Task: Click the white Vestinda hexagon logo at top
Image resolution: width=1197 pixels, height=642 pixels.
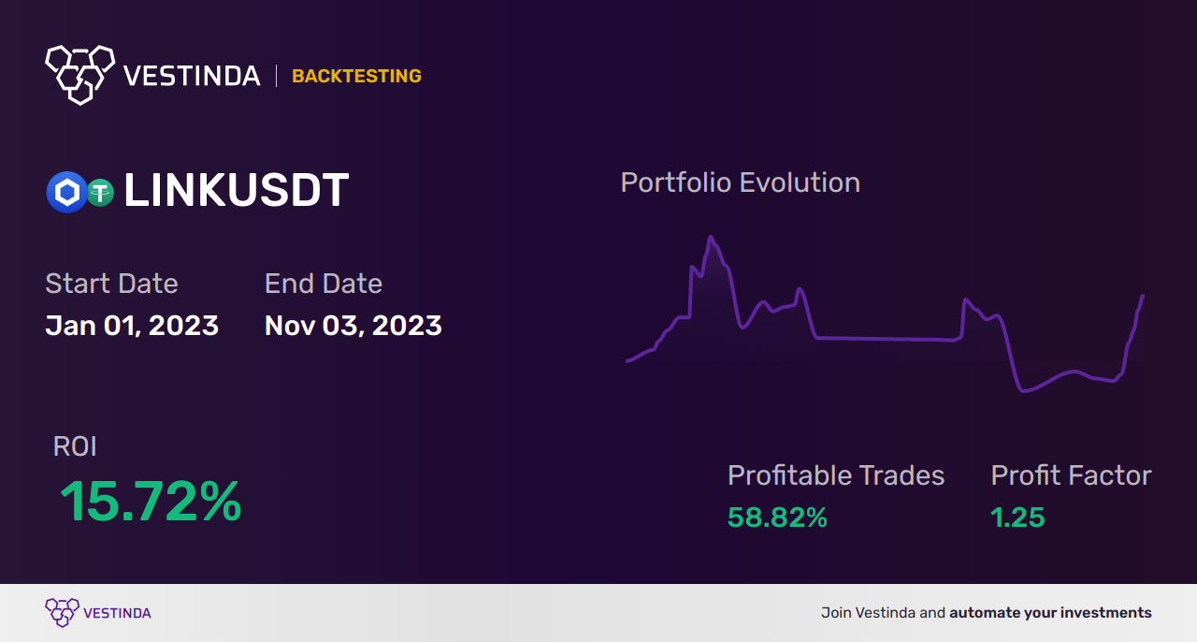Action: (79, 73)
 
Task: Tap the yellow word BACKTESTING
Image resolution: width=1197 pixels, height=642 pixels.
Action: (356, 77)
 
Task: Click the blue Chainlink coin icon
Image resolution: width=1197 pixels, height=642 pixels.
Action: (66, 193)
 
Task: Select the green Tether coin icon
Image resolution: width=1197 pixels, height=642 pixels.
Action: (99, 193)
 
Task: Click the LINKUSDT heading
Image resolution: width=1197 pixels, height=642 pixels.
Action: (236, 191)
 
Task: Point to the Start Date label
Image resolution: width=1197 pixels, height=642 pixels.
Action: (111, 284)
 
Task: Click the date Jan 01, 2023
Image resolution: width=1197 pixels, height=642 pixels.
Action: (132, 326)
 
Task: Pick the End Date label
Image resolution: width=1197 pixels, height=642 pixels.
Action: (323, 284)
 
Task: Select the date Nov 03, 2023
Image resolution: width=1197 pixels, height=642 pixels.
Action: (353, 326)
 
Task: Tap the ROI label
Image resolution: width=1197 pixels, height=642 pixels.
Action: (75, 446)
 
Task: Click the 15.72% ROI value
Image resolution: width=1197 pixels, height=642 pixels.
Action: (151, 502)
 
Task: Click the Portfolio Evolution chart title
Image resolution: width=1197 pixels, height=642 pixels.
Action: (740, 182)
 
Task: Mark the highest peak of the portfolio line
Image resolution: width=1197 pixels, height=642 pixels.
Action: (711, 237)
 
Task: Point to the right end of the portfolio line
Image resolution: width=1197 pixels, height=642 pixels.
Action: (1143, 297)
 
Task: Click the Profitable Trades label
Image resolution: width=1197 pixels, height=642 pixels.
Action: (836, 475)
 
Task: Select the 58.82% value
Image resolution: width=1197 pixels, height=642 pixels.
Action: (777, 518)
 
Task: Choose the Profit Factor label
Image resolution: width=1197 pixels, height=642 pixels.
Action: (1071, 475)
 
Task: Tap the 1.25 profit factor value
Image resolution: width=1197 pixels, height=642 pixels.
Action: (1017, 518)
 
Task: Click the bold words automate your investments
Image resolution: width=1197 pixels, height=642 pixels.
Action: (1050, 613)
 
